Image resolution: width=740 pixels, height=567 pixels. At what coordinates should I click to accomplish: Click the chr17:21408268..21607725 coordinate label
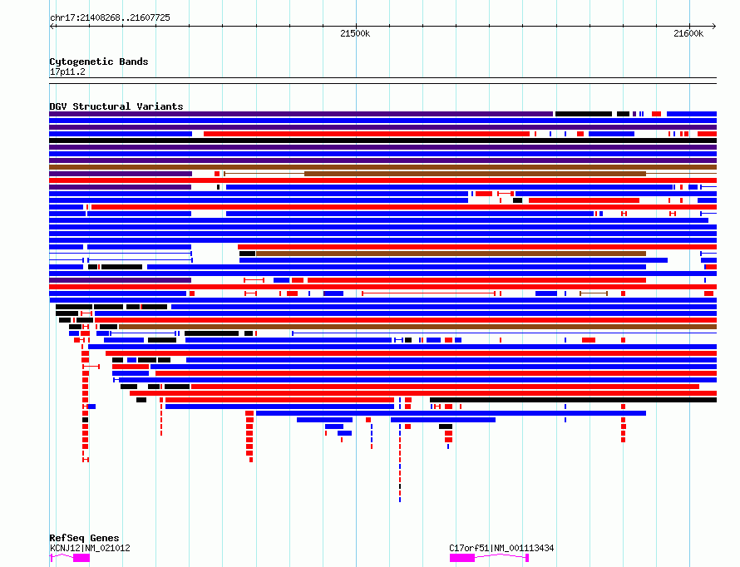click(x=110, y=17)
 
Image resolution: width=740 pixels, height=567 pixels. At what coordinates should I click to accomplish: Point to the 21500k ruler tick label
click(x=355, y=33)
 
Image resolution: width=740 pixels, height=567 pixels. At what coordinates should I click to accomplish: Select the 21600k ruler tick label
click(x=688, y=33)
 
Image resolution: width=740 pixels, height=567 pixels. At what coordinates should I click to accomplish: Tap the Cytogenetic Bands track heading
click(x=98, y=62)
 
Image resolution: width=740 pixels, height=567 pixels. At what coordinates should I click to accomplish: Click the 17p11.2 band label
click(x=67, y=71)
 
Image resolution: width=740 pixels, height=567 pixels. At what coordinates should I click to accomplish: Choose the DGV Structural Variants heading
click(x=116, y=106)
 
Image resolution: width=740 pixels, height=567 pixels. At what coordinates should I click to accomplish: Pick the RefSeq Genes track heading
click(x=84, y=538)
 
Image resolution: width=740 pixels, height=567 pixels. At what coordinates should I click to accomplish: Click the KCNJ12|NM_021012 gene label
click(x=89, y=548)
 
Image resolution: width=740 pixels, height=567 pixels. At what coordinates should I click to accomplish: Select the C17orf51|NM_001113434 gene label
click(x=501, y=548)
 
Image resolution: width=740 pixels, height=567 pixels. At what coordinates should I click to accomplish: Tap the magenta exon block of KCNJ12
click(x=81, y=558)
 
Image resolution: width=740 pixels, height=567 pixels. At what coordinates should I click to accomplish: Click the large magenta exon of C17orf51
click(x=462, y=558)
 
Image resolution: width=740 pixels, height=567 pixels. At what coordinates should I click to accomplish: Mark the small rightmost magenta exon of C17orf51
click(x=527, y=558)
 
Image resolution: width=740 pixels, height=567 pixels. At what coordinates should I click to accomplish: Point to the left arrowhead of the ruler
click(x=52, y=26)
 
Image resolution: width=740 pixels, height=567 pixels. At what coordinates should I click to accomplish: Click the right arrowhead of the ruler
click(x=714, y=26)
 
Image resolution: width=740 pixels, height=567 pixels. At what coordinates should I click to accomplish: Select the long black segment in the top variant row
click(x=583, y=113)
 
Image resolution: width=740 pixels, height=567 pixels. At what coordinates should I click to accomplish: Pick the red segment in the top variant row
click(x=656, y=113)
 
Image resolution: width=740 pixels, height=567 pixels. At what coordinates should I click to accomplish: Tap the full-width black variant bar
click(x=382, y=141)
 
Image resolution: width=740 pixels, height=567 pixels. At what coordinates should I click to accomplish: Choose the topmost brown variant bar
click(x=382, y=167)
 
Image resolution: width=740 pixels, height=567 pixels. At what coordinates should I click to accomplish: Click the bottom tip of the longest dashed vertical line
click(x=400, y=500)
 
